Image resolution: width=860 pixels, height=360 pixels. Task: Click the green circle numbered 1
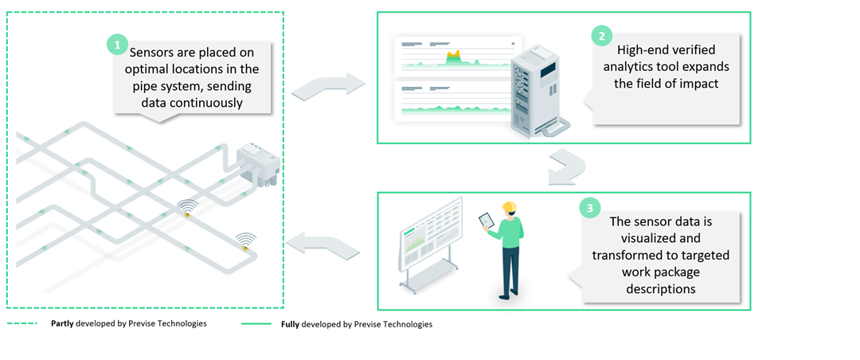(x=117, y=45)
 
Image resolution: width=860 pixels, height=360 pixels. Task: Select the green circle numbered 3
(x=589, y=209)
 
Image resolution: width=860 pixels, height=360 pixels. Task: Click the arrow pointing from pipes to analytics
(x=327, y=84)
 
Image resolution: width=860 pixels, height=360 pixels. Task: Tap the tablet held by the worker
(x=485, y=220)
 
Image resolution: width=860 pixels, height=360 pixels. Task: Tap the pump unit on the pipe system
(x=256, y=163)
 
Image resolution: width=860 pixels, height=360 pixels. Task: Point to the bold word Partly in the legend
(x=62, y=324)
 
